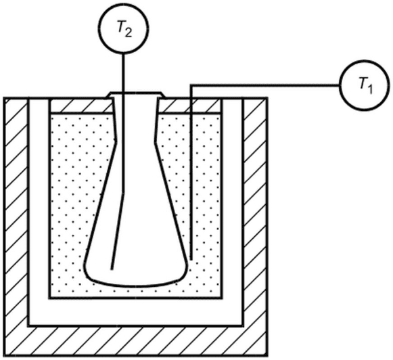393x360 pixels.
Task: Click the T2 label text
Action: [124, 29]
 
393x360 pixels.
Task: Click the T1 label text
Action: [366, 86]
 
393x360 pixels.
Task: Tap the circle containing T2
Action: [124, 28]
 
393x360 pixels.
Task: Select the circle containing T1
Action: [365, 85]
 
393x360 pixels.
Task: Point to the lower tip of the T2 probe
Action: [112, 269]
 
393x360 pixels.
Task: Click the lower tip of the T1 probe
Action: [191, 259]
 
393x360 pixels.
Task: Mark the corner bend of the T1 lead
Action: [191, 85]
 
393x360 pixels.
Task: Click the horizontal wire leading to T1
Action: [265, 85]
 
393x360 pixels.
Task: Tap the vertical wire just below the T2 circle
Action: [123, 72]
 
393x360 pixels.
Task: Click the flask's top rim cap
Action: [136, 95]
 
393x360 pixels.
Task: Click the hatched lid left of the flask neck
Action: [81, 106]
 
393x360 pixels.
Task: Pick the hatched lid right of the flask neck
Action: [189, 106]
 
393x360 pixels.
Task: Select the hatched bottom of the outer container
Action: [136, 341]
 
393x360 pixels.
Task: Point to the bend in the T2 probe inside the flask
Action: [123, 193]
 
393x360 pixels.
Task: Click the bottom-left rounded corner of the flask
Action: [88, 275]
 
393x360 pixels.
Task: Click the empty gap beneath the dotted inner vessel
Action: [136, 312]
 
